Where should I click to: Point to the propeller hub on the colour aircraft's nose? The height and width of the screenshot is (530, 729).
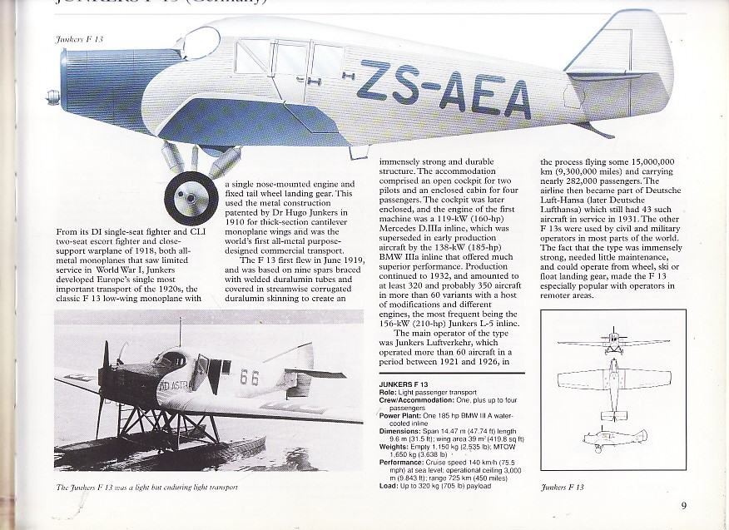52,96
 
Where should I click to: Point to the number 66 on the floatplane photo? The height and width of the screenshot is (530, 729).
250,376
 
